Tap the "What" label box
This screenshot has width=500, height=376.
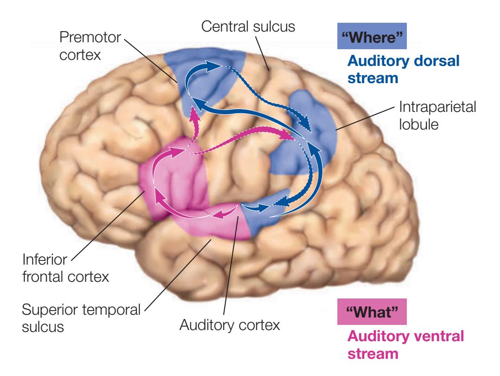[x=372, y=310]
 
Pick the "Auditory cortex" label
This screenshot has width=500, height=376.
[x=229, y=324]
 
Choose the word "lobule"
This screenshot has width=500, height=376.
[x=418, y=125]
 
